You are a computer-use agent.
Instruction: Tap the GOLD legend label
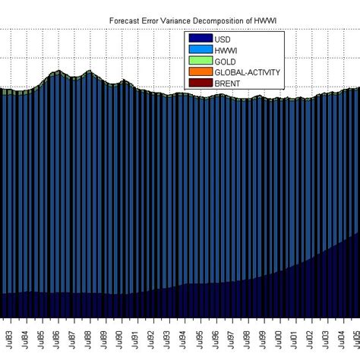point(226,61)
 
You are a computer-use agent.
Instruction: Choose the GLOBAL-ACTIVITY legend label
point(247,71)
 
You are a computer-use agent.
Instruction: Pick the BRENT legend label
point(228,82)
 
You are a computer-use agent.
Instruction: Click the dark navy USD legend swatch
point(200,39)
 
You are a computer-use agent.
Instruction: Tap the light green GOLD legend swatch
point(200,61)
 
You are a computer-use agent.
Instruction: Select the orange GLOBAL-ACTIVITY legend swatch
point(200,71)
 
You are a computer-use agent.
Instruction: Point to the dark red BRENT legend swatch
point(200,82)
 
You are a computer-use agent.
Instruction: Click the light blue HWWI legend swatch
point(200,49)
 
